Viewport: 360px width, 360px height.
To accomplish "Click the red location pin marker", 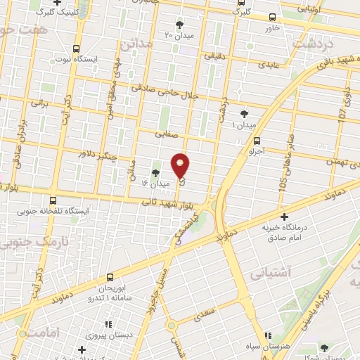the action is pos(181,165).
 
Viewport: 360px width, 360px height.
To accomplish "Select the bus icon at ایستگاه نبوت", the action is pos(76,49).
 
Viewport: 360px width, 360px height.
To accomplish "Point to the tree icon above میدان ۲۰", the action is pos(179,25).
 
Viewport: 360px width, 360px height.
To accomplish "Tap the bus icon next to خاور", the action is pos(272,18).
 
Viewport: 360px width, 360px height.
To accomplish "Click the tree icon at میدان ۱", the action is pos(244,114).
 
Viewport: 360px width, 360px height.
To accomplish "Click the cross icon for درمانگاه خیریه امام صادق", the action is pos(284,217).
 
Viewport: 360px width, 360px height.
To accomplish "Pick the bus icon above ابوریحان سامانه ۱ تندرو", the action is pos(109,277).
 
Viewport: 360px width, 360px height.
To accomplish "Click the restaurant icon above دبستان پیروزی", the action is pos(108,325).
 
